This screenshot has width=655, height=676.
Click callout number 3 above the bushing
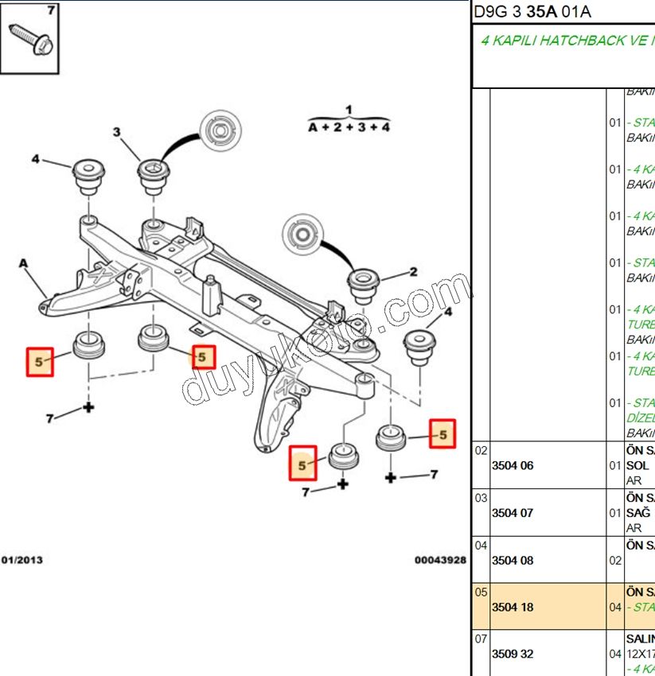tap(117, 132)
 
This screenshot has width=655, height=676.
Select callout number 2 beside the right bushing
tap(413, 272)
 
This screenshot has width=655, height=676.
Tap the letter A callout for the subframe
tap(23, 263)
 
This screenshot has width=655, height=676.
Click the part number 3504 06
tap(513, 466)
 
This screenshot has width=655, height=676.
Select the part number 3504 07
tap(513, 513)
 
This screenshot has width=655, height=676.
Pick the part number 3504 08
tap(513, 560)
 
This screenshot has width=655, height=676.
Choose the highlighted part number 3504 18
tap(513, 607)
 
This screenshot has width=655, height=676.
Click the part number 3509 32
tap(513, 654)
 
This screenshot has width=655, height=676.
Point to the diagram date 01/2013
tap(22, 560)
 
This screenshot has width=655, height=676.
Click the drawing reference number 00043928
tap(440, 560)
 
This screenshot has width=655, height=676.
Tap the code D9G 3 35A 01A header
tap(532, 12)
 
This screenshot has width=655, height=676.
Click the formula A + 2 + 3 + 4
tap(349, 127)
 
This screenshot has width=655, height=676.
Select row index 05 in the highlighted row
tap(481, 592)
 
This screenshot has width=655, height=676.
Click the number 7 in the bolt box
tap(52, 10)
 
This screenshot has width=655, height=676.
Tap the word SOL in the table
tap(637, 466)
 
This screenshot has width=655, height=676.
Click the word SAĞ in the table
tap(638, 513)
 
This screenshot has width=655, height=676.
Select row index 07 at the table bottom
tap(481, 639)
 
